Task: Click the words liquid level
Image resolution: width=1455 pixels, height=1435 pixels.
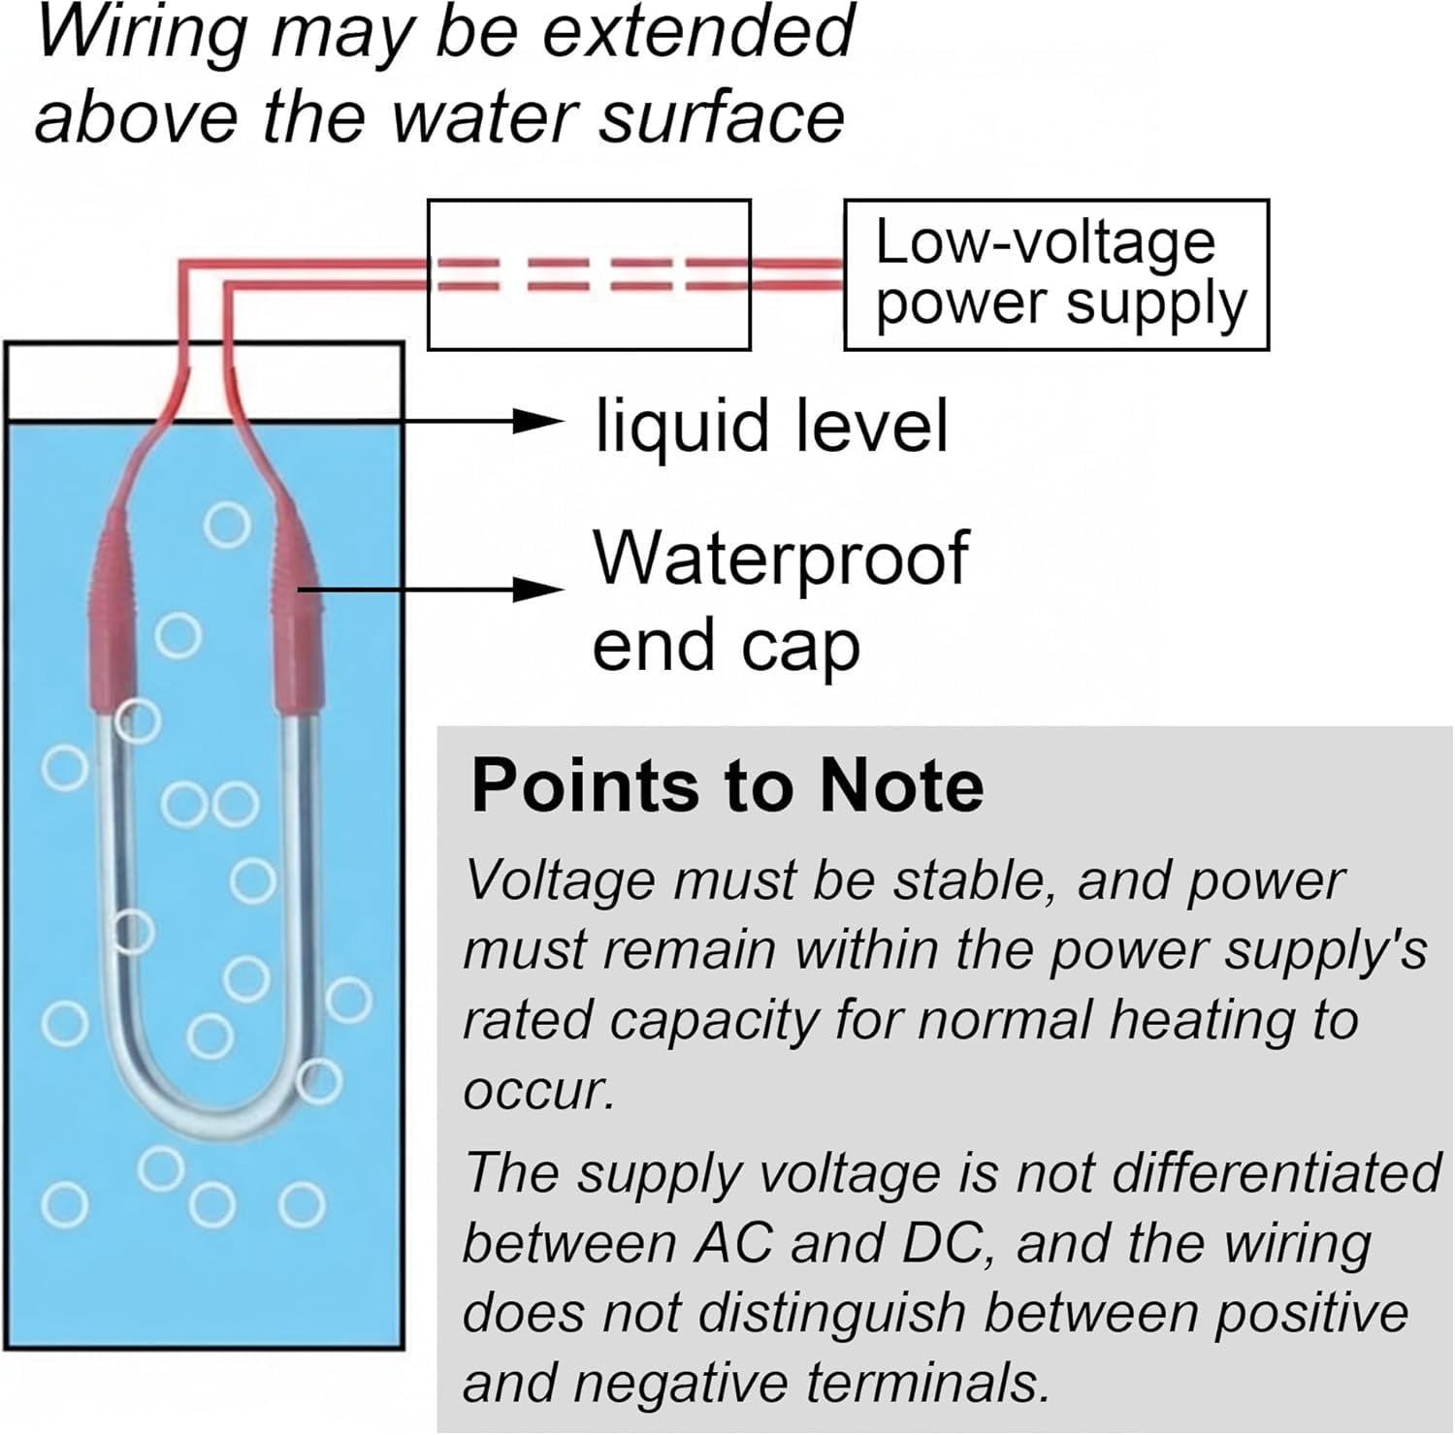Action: [x=771, y=426]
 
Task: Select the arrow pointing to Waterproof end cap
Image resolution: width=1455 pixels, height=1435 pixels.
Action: [x=432, y=589]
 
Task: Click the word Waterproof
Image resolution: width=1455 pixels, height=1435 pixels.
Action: [x=781, y=558]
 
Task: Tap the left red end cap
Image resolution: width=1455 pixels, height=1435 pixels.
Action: [x=110, y=611]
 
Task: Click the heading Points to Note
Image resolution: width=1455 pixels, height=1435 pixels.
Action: [x=727, y=784]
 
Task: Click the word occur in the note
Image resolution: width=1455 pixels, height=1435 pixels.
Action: [x=539, y=1093]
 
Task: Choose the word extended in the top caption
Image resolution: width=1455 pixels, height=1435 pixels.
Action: [x=697, y=32]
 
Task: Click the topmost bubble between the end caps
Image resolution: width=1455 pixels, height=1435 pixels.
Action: [x=227, y=526]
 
